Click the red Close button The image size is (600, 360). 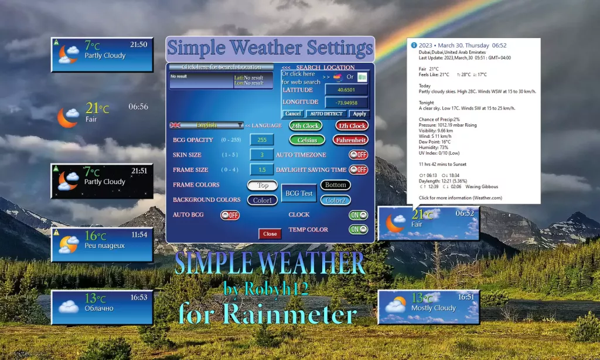coord(270,233)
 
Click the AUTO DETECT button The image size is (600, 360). coord(327,114)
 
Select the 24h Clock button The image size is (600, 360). coord(305,125)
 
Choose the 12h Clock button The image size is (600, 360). coord(352,125)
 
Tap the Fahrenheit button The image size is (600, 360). coord(350,140)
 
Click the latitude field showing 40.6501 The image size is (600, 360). coord(346,90)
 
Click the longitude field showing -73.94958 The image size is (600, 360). coord(346,103)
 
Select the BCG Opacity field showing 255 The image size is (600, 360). coord(262,140)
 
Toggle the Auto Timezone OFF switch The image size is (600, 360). coord(358,155)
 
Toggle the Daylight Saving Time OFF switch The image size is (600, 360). coord(358,169)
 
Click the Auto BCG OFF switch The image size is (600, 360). coord(230,215)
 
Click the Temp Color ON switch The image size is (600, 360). coord(358,230)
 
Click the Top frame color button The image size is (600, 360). coord(262,185)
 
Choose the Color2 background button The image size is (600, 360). coord(335,200)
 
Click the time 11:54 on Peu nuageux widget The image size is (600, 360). coord(139,235)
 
